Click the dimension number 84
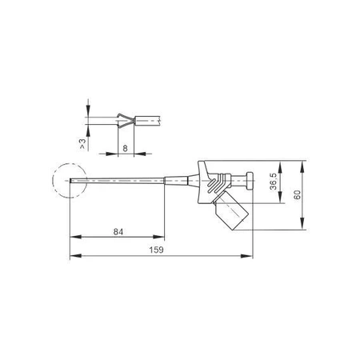118,231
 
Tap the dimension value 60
298,196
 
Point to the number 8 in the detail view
126,147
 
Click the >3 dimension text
83,144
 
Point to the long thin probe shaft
120,184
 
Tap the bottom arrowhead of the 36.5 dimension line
281,202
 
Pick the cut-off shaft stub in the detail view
149,122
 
